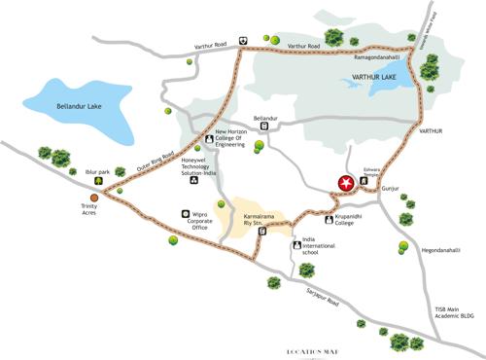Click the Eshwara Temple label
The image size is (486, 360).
tap(375, 171)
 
